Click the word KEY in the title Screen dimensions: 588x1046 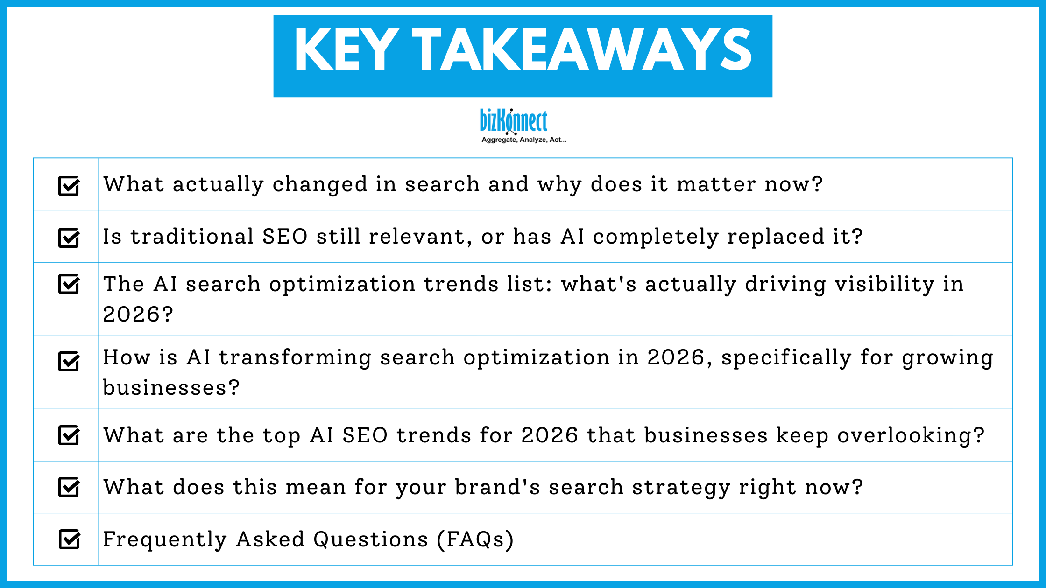[x=346, y=50]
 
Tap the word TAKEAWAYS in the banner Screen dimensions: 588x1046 [x=582, y=50]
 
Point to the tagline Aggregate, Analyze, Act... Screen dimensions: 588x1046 [x=523, y=140]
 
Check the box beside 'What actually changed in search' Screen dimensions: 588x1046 [x=69, y=186]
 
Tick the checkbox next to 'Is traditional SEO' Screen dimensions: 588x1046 [x=69, y=238]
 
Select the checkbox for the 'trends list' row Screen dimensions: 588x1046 [x=69, y=284]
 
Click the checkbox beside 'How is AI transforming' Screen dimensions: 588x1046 [x=69, y=361]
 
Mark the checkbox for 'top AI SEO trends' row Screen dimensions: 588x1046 [x=69, y=435]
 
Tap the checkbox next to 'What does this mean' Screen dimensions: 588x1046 [x=69, y=487]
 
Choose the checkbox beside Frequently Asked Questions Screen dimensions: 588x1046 [x=69, y=539]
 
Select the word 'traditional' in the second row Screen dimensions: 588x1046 [x=192, y=237]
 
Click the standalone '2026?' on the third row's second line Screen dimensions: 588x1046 [x=138, y=314]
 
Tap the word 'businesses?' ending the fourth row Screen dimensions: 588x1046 [x=171, y=388]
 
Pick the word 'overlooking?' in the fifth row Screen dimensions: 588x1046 [x=911, y=436]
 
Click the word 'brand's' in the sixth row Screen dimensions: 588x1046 [x=497, y=487]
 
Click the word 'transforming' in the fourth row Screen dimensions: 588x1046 [x=295, y=358]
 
